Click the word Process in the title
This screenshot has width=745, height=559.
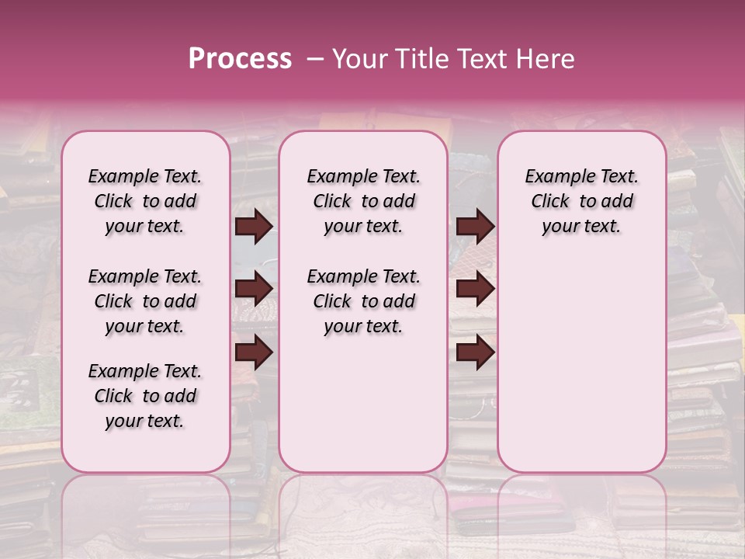(240, 59)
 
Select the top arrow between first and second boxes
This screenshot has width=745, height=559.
(254, 227)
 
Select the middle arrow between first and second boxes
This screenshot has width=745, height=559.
(254, 290)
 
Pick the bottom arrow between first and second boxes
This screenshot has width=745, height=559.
(254, 352)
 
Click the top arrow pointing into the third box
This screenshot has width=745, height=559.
(475, 227)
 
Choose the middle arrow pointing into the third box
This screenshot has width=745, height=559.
(475, 290)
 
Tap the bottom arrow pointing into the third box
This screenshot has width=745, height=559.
(475, 352)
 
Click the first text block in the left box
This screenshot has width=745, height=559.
(145, 201)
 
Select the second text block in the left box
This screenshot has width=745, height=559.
(145, 301)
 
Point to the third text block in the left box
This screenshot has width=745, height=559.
(145, 396)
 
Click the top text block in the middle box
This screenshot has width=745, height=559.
(363, 201)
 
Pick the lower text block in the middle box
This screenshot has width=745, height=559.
(363, 301)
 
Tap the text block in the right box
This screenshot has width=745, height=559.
(581, 201)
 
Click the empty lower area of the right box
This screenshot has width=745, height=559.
(581, 357)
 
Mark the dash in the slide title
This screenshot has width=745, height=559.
(316, 59)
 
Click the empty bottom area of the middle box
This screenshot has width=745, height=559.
(363, 411)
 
